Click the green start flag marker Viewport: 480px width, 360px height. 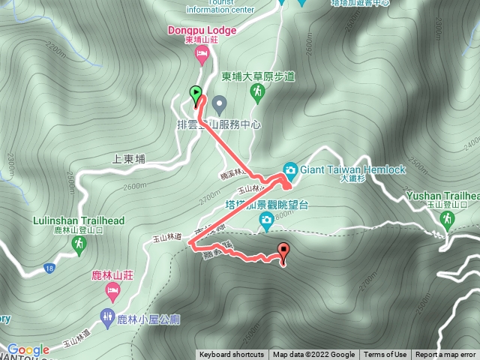coord(196,94)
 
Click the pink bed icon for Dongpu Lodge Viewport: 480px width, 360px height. coord(200,53)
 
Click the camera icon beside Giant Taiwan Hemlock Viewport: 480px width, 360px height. coord(290,169)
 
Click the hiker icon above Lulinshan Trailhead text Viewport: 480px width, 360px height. coord(79,244)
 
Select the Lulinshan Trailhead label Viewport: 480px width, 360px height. coord(79,221)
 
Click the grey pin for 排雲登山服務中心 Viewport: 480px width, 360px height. coord(219,102)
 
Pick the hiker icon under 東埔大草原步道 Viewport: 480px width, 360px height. coord(257,92)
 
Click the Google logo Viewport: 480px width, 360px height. coord(28,349)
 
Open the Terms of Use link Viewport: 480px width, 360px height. coord(385,355)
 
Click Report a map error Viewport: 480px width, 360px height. coord(445,355)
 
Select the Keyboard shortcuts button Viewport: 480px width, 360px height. coord(232,355)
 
